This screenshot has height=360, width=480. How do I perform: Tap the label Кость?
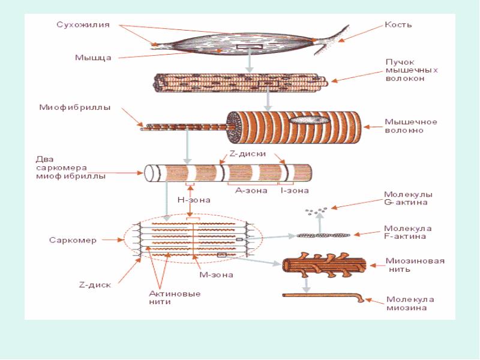point(398,25)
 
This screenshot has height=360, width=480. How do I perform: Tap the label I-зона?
point(294,191)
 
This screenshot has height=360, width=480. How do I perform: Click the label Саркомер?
point(73,240)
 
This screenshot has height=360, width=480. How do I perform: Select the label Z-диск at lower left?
point(95,284)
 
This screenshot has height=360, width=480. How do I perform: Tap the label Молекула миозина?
point(410,304)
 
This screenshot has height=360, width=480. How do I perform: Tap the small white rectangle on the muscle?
point(248,46)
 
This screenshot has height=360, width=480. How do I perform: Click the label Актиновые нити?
point(174,298)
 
